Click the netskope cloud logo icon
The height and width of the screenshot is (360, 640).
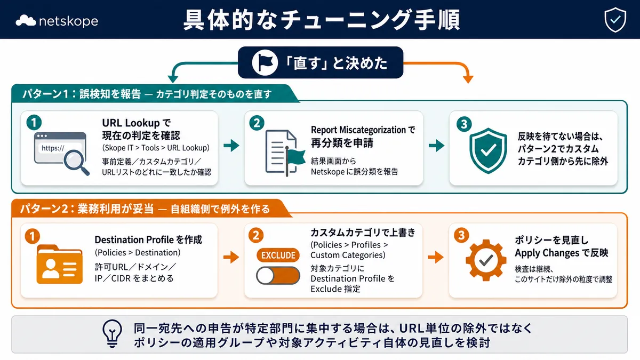click(x=26, y=21)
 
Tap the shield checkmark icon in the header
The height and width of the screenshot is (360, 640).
click(x=615, y=20)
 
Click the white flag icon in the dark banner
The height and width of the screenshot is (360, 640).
click(x=265, y=62)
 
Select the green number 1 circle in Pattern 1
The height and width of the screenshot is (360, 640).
click(x=34, y=123)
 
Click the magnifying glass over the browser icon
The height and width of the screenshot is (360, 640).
click(x=76, y=162)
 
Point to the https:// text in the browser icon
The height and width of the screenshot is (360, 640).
click(x=53, y=148)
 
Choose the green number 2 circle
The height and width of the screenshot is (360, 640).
click(x=257, y=123)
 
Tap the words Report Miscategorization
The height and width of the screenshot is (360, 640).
click(x=358, y=130)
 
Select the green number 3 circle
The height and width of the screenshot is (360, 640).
click(x=463, y=124)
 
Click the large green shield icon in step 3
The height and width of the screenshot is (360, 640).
click(x=489, y=150)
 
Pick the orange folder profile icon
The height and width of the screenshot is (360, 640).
click(x=59, y=264)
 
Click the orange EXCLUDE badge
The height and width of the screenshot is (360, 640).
click(x=278, y=255)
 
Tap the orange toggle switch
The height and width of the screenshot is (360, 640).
click(x=278, y=275)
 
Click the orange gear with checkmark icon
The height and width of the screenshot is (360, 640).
click(x=486, y=260)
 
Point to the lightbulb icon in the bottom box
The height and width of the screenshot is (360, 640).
click(x=113, y=333)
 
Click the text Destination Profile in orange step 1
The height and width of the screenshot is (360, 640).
click(x=134, y=239)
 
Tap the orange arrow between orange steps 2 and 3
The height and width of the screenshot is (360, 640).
click(x=436, y=258)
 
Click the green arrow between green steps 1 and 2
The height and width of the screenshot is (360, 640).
click(x=231, y=146)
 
